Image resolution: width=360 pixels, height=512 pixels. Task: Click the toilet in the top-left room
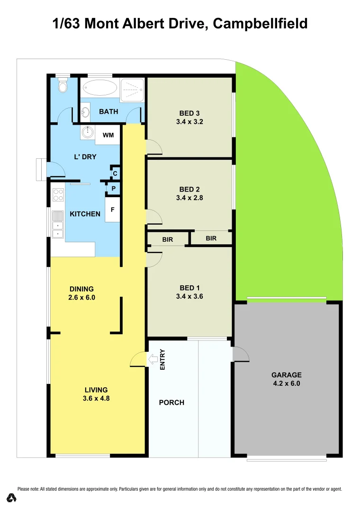click(63, 86)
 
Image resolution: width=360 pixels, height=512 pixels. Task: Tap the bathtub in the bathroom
click(99, 88)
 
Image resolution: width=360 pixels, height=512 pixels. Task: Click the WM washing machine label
click(108, 135)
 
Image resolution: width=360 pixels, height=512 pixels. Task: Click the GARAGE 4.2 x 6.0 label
click(287, 379)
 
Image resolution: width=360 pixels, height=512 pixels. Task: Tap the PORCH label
click(171, 402)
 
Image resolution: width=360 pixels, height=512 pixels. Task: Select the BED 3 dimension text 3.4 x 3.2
click(189, 121)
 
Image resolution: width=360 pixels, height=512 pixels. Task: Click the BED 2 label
click(189, 190)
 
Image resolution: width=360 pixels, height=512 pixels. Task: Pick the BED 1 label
click(189, 288)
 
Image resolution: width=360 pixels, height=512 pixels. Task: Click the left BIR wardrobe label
click(168, 240)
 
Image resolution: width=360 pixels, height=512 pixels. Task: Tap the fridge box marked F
click(112, 209)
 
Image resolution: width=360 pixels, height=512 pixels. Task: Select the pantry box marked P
click(113, 189)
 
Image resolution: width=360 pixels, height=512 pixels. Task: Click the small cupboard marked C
click(115, 173)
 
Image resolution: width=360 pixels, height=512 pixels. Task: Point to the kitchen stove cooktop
click(58, 195)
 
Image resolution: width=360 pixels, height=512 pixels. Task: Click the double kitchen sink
click(58, 224)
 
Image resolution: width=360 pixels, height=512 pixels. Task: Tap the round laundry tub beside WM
click(88, 132)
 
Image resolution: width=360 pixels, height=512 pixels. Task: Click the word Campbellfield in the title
click(260, 23)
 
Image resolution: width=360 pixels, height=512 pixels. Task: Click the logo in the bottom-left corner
click(12, 498)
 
